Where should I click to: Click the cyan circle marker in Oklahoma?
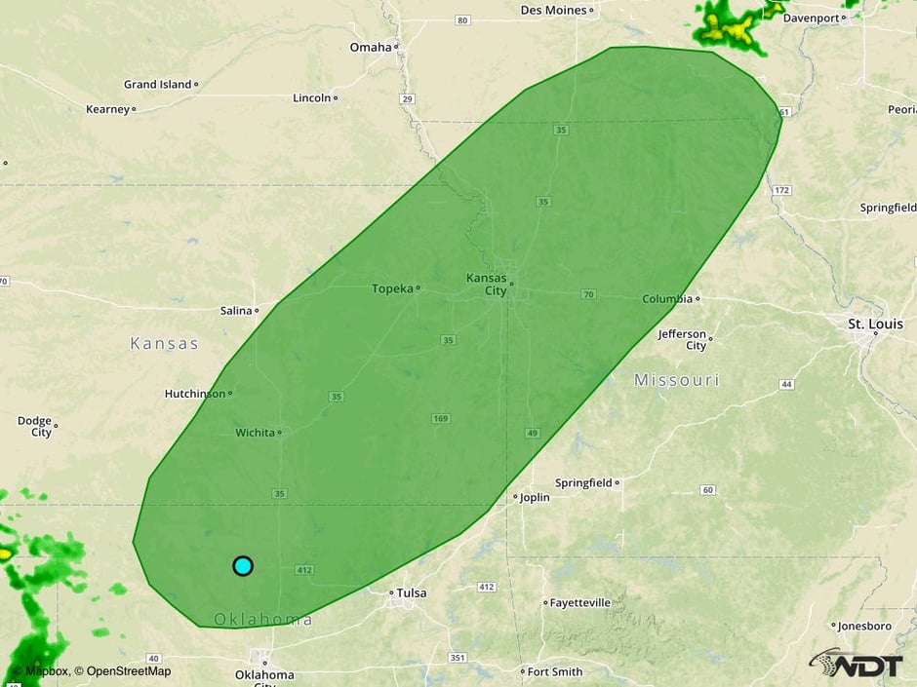click(x=243, y=565)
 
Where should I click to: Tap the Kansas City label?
click(x=486, y=284)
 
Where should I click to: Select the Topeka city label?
click(x=392, y=288)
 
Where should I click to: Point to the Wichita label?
click(x=255, y=433)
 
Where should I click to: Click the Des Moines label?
click(x=553, y=10)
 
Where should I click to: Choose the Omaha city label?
click(x=371, y=47)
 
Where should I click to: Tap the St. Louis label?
click(x=875, y=324)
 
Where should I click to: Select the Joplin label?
click(x=535, y=497)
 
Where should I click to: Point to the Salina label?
click(x=236, y=311)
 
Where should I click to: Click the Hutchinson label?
click(x=194, y=394)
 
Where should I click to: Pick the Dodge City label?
click(x=34, y=427)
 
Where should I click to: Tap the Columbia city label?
click(x=667, y=299)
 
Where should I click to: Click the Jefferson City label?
click(x=682, y=340)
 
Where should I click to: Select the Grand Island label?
click(x=157, y=85)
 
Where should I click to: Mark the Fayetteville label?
click(x=581, y=603)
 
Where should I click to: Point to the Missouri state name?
click(x=676, y=380)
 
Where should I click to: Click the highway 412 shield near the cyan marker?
click(x=303, y=570)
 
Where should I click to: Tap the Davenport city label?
click(x=811, y=18)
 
